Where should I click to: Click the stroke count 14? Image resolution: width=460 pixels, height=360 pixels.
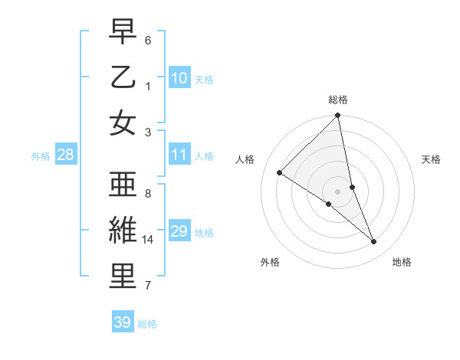(x=148, y=240)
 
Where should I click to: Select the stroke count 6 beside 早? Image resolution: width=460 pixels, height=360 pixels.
(x=148, y=40)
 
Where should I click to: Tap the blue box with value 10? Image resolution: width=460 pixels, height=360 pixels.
(x=179, y=77)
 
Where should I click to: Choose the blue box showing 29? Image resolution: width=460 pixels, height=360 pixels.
(x=179, y=231)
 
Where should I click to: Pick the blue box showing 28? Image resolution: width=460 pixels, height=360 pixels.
(x=65, y=155)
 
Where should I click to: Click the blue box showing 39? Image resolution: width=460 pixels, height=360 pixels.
(x=122, y=322)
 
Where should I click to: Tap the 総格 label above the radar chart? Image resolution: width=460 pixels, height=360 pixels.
(x=338, y=100)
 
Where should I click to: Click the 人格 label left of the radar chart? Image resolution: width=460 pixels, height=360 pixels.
(x=245, y=159)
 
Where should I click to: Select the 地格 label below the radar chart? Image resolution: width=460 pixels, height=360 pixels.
(x=402, y=262)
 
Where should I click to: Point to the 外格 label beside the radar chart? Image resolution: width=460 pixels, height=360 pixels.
(x=270, y=262)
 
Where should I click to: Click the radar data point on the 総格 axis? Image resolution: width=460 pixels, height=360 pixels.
(x=338, y=116)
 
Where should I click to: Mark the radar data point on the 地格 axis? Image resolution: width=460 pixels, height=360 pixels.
(x=374, y=241)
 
